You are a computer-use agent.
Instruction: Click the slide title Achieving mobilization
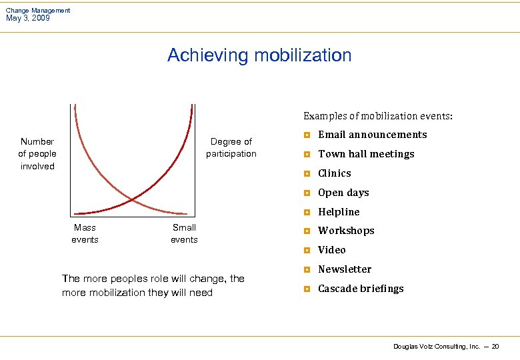coord(259,55)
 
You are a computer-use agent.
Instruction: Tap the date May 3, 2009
coord(28,19)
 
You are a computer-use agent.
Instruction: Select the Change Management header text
coord(38,10)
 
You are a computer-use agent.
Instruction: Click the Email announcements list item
coord(372,135)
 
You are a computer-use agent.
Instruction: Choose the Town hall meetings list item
coord(366,154)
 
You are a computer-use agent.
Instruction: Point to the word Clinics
coord(334,173)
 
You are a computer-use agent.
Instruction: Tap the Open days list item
coord(343,193)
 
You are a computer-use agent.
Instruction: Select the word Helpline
coord(339,212)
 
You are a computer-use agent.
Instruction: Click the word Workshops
coord(346,231)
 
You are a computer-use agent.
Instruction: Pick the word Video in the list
coord(331,250)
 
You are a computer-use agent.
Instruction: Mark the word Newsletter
coord(344,269)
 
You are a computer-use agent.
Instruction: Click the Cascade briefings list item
coord(361,289)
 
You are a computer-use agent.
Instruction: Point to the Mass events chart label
coord(85,233)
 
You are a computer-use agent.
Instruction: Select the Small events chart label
coord(184,233)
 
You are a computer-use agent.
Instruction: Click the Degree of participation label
coord(231,147)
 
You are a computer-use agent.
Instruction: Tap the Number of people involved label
coord(37,153)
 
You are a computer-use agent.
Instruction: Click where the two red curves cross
coord(132,199)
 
